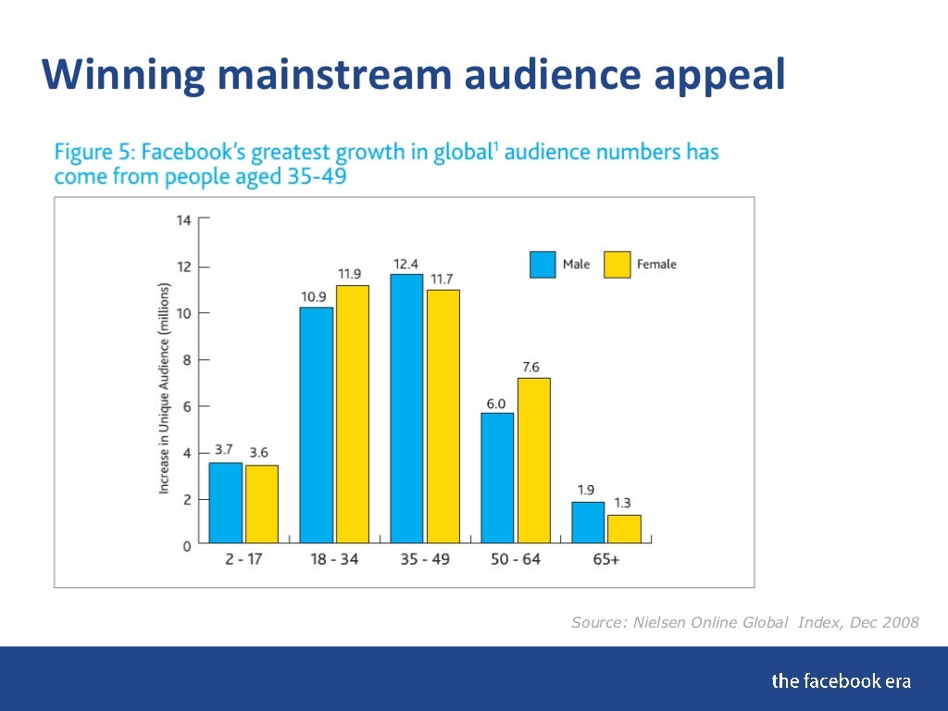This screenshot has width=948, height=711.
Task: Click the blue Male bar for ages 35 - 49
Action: [406, 408]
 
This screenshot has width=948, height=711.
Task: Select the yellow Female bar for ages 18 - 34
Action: [352, 414]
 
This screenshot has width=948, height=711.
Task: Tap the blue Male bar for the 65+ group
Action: [588, 522]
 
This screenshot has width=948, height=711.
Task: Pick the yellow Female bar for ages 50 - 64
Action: [533, 460]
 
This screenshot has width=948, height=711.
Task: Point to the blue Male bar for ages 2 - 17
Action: [225, 503]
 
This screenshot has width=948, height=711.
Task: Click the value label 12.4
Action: [406, 264]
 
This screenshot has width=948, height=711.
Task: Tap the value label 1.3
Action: [623, 503]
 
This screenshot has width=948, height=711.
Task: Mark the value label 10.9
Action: [314, 296]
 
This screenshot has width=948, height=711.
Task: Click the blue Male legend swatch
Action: [543, 265]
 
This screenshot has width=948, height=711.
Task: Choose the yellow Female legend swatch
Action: [617, 265]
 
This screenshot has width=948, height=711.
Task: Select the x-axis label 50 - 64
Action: [515, 560]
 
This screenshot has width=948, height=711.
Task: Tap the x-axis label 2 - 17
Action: [243, 560]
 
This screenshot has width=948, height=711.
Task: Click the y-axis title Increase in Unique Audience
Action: [164, 388]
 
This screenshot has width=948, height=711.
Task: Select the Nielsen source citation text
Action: [745, 622]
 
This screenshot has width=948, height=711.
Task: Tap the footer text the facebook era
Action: [841, 681]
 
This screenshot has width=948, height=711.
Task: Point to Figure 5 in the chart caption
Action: [90, 152]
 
